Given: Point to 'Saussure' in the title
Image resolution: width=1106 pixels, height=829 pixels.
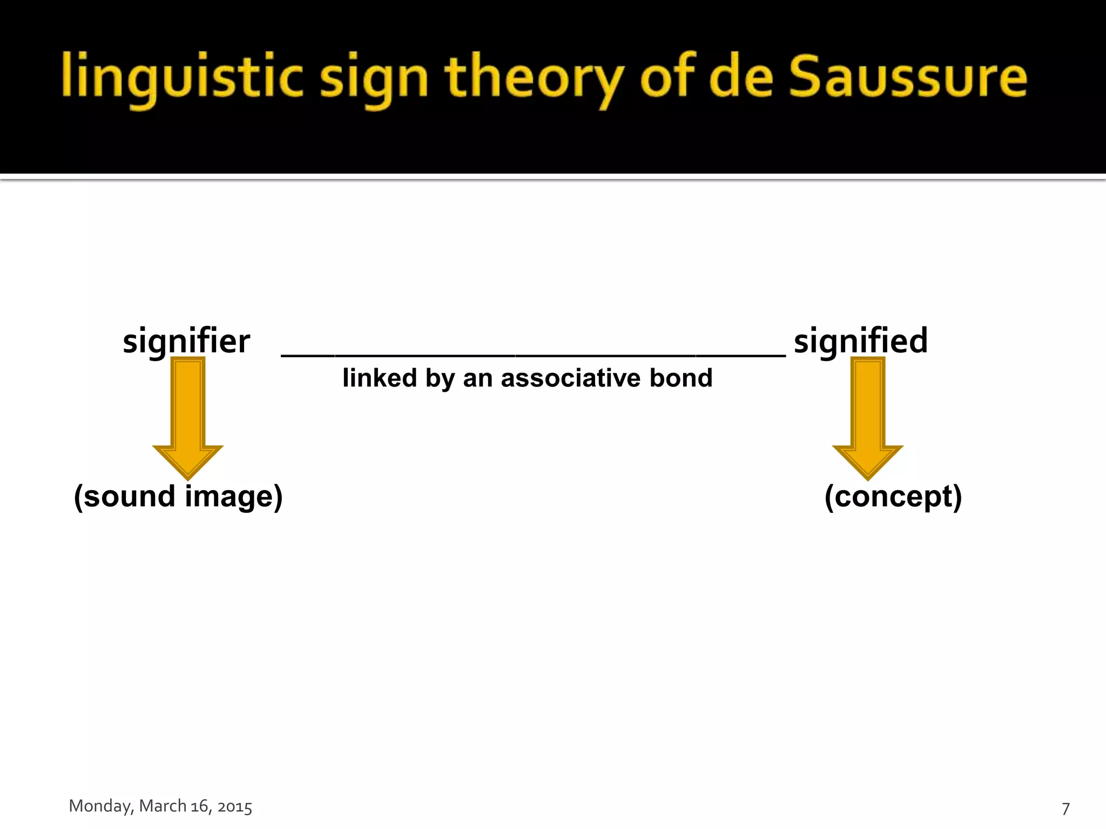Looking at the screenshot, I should click(907, 77).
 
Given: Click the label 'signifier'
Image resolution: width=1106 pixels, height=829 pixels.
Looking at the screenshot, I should click(186, 342).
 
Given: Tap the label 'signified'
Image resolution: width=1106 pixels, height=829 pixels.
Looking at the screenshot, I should click(861, 342).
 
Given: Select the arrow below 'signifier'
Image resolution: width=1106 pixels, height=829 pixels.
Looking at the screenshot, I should click(188, 418).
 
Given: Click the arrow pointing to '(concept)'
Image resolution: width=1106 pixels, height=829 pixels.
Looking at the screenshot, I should click(868, 418).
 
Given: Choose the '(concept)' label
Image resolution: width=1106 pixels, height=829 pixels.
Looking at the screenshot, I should click(893, 497).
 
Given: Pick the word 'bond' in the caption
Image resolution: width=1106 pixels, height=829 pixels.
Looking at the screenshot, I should click(681, 378).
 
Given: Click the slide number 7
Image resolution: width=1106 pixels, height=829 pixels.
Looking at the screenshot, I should click(1065, 808).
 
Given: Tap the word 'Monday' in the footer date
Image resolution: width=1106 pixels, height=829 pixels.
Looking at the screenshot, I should click(99, 806).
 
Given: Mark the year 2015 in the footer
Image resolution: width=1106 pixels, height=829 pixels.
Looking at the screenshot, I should click(234, 807).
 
